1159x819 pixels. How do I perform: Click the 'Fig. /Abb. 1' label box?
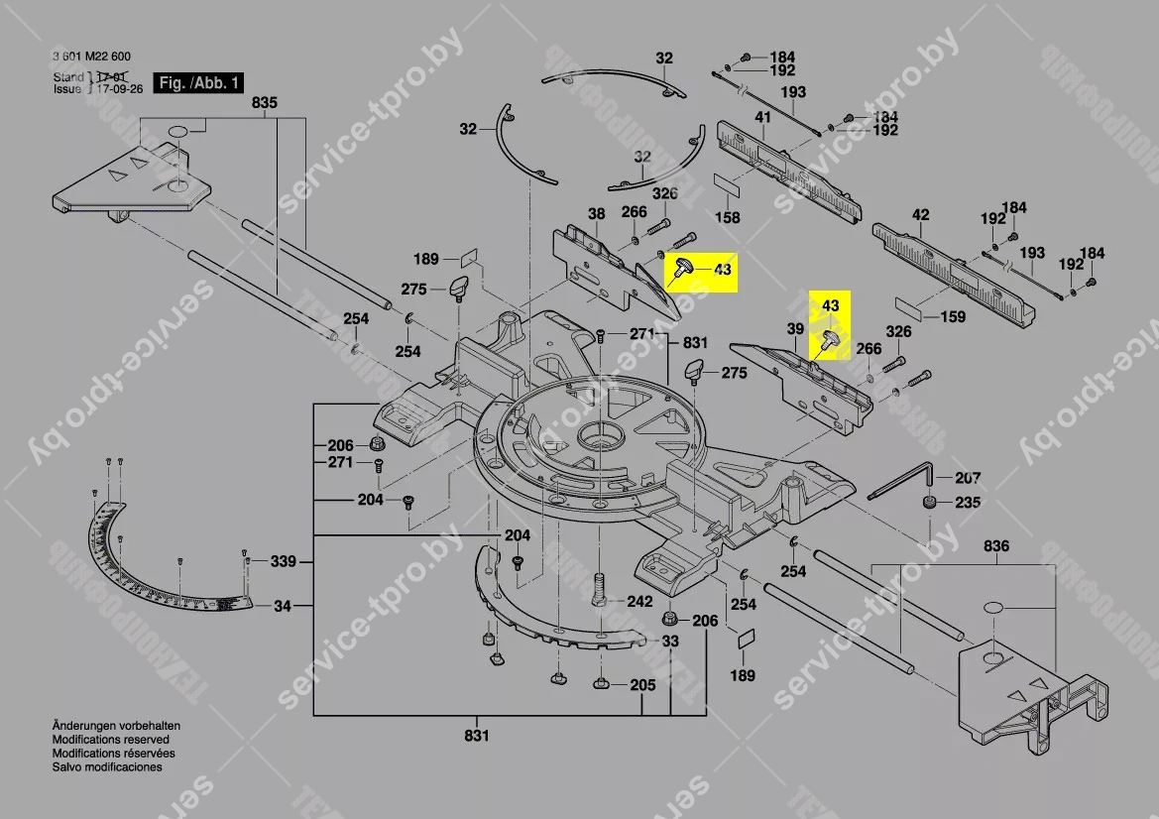198,83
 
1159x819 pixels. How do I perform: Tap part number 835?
265,103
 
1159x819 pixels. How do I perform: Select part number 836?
996,546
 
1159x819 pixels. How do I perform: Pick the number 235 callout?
968,503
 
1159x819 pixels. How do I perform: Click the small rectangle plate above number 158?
727,185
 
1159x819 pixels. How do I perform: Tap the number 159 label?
952,317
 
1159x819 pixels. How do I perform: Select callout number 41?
762,118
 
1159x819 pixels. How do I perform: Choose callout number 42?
921,215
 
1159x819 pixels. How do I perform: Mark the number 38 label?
596,214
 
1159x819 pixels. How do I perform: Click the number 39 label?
794,328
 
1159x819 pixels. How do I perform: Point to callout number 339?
284,562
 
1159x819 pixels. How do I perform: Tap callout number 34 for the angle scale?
284,606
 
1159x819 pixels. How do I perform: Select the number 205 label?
642,685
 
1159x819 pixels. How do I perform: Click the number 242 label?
639,602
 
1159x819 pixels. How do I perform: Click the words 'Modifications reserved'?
110,740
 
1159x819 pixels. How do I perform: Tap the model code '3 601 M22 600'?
92,58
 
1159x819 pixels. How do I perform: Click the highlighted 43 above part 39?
831,307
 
